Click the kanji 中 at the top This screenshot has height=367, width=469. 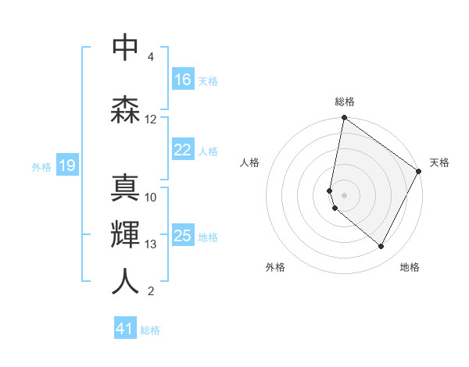[125, 48]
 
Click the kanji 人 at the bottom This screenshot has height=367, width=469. [125, 282]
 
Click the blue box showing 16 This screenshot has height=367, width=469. [183, 80]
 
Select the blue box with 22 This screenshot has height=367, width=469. [183, 150]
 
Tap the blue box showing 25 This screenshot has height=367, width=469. [183, 236]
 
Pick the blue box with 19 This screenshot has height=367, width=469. [66, 166]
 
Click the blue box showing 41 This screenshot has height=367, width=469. [125, 329]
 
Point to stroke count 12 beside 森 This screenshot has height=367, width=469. [151, 119]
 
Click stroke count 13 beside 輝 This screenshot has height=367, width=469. [151, 244]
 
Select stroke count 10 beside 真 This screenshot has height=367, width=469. [151, 197]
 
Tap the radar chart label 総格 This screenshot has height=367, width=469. [345, 102]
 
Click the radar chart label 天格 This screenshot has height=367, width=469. [439, 162]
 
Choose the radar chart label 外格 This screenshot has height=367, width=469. [275, 268]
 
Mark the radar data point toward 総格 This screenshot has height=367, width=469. [344, 119]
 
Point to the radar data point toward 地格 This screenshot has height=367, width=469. [381, 247]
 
